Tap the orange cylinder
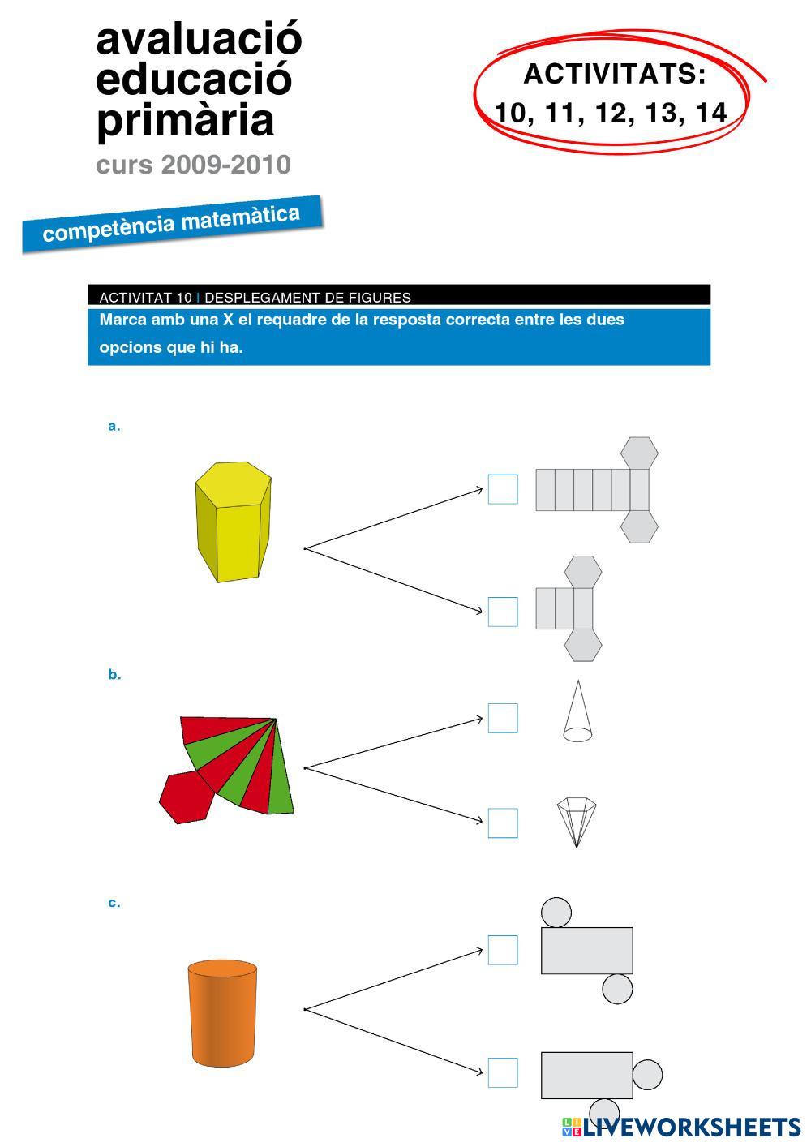point(222,1013)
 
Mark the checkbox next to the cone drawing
point(503,718)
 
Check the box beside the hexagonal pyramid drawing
point(503,823)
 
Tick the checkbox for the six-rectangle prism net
point(503,489)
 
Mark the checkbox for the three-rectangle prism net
point(503,612)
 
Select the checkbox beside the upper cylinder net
point(503,950)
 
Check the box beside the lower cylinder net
point(503,1072)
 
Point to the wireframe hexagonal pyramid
point(577,821)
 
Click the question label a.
point(114,426)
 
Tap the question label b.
point(114,674)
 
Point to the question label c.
point(114,903)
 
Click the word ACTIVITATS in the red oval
point(615,75)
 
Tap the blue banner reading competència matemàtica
point(172,223)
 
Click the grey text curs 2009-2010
point(193,165)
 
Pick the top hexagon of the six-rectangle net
point(639,453)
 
